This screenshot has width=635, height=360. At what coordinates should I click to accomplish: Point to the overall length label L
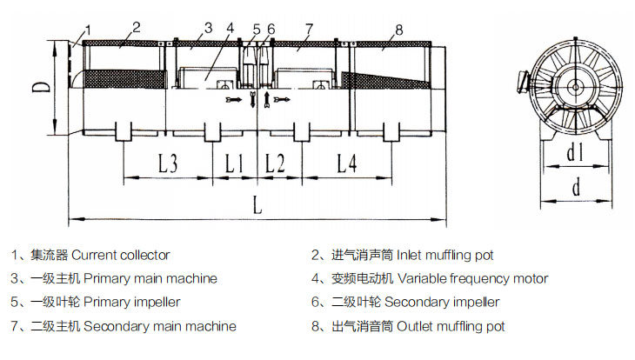[x=256, y=206]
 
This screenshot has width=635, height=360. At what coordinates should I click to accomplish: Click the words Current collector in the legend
[x=121, y=256]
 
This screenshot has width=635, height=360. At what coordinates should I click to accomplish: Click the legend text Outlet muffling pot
[x=451, y=326]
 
